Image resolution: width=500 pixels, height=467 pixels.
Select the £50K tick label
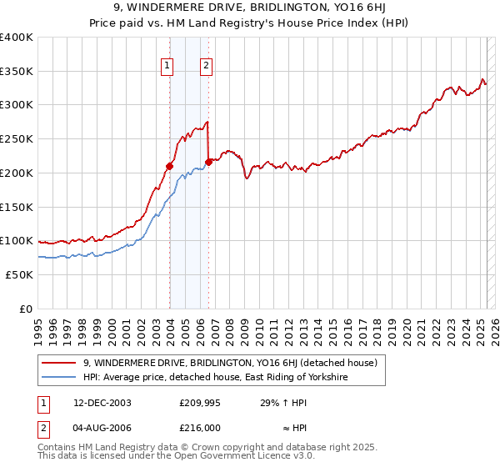tap(20, 274)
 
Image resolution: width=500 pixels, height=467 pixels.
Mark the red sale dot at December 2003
tap(169, 166)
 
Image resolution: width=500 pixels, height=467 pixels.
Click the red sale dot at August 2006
tap(208, 162)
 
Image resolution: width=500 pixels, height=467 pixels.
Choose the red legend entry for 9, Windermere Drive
tap(230, 363)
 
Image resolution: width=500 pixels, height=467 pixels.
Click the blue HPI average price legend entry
tap(214, 378)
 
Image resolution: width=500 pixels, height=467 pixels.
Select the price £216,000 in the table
tap(199, 427)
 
